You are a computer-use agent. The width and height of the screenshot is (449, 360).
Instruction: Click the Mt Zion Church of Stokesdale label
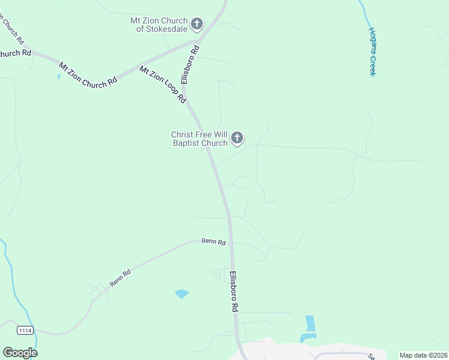pyautogui.click(x=158, y=25)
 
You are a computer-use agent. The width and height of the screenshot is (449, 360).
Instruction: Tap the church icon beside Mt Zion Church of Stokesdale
pyautogui.click(x=197, y=25)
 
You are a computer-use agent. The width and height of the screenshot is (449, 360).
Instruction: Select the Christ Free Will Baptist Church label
pyautogui.click(x=199, y=139)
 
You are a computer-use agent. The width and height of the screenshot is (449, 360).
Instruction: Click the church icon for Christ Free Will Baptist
pyautogui.click(x=237, y=139)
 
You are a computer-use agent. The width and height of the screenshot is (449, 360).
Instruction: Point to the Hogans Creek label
pyautogui.click(x=372, y=51)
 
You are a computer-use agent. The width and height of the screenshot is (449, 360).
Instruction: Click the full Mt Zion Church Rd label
pyautogui.click(x=88, y=75)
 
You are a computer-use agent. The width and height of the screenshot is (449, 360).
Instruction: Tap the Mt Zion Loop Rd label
pyautogui.click(x=163, y=84)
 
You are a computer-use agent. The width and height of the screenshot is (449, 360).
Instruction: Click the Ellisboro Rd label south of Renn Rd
pyautogui.click(x=234, y=291)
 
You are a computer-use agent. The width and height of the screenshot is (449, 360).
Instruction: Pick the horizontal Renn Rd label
pyautogui.click(x=214, y=242)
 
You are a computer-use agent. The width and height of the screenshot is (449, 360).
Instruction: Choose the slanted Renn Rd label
pyautogui.click(x=120, y=277)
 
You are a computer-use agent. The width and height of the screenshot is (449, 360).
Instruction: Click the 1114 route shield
pyautogui.click(x=25, y=330)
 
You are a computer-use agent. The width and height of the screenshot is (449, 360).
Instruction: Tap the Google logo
pyautogui.click(x=20, y=352)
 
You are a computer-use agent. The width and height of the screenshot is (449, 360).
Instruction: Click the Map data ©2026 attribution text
pyautogui.click(x=423, y=355)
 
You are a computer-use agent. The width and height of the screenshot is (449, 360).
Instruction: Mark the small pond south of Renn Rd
pyautogui.click(x=181, y=293)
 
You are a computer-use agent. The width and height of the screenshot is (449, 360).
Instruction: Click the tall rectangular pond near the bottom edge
pyautogui.click(x=310, y=323)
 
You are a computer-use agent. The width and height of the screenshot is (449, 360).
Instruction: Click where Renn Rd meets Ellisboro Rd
pyautogui.click(x=231, y=242)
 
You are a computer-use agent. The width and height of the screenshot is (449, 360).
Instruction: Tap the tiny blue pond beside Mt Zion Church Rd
pyautogui.click(x=58, y=76)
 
